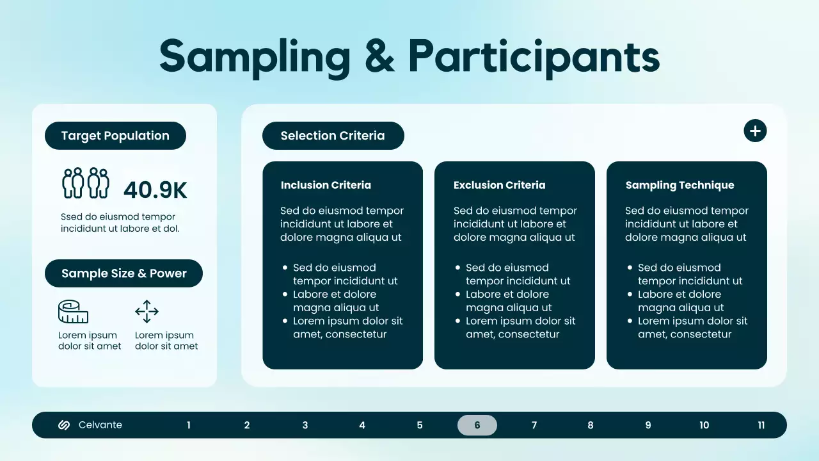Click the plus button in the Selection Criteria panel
755,131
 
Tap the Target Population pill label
115,136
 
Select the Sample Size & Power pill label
123,273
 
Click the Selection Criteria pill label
333,136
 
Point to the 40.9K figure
155,190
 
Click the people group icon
86,183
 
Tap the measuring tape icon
73,312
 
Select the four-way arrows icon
147,312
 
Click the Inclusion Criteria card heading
326,185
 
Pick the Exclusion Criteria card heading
499,185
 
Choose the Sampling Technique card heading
680,185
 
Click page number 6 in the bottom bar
477,425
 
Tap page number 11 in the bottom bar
761,425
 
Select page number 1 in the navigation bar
189,425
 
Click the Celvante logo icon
64,425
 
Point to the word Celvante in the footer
100,425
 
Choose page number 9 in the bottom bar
648,425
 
